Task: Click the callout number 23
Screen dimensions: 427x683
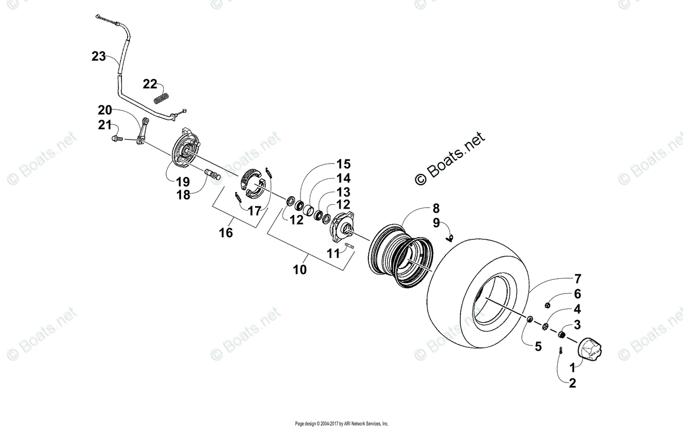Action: click(98, 56)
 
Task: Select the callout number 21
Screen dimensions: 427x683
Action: click(104, 125)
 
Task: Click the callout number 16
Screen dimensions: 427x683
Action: click(227, 232)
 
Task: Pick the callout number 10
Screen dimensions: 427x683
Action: click(300, 269)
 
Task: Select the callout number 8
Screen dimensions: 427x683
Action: click(435, 209)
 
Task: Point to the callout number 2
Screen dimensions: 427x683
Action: click(571, 383)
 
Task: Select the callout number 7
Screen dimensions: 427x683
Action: click(577, 279)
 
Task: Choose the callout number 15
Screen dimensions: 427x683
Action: click(343, 164)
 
